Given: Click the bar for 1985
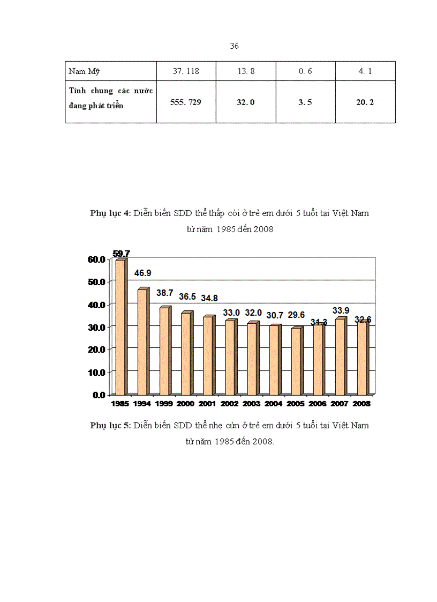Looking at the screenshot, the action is (x=120, y=327).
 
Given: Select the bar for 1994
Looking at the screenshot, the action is (x=142, y=342).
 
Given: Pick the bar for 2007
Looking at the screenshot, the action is (x=340, y=356).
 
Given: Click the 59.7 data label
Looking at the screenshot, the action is (x=121, y=254).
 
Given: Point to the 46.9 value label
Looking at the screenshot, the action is (x=142, y=273).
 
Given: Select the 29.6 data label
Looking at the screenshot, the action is (x=296, y=315).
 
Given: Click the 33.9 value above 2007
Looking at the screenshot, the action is (x=340, y=310).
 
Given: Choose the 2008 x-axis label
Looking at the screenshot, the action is (x=362, y=403).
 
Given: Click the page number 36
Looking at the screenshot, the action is (x=234, y=46).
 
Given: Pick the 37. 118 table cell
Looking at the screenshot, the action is (x=186, y=71).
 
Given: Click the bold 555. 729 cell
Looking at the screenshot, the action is (x=186, y=102).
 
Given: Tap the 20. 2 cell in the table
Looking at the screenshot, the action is (x=365, y=102).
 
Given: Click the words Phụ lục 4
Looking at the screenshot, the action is (x=110, y=213).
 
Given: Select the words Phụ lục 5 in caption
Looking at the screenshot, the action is (x=110, y=426).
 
